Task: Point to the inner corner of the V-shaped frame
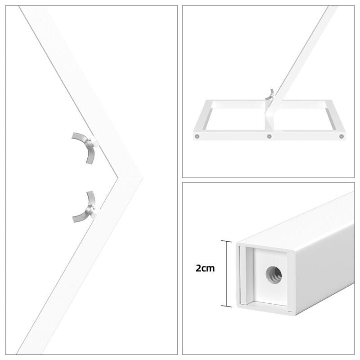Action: coord(118,177)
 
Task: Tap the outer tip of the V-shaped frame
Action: coord(143,178)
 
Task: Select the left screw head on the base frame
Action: coord(197,136)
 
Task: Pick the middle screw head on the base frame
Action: coord(269,136)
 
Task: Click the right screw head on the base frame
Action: coord(342,136)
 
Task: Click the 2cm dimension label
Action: coord(205,268)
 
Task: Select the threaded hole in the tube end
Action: coord(274,275)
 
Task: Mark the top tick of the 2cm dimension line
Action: coord(226,241)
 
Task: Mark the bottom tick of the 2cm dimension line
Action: coord(226,306)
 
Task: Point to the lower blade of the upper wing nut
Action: coord(90,156)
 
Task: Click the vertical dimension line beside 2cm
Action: coord(226,274)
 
